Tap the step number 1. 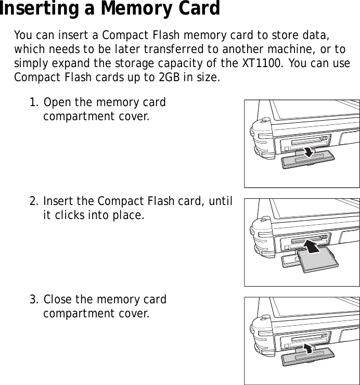click(33, 102)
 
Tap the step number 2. click(33, 201)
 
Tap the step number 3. click(33, 300)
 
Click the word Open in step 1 click(56, 102)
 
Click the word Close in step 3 click(57, 300)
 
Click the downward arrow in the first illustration click(310, 151)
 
